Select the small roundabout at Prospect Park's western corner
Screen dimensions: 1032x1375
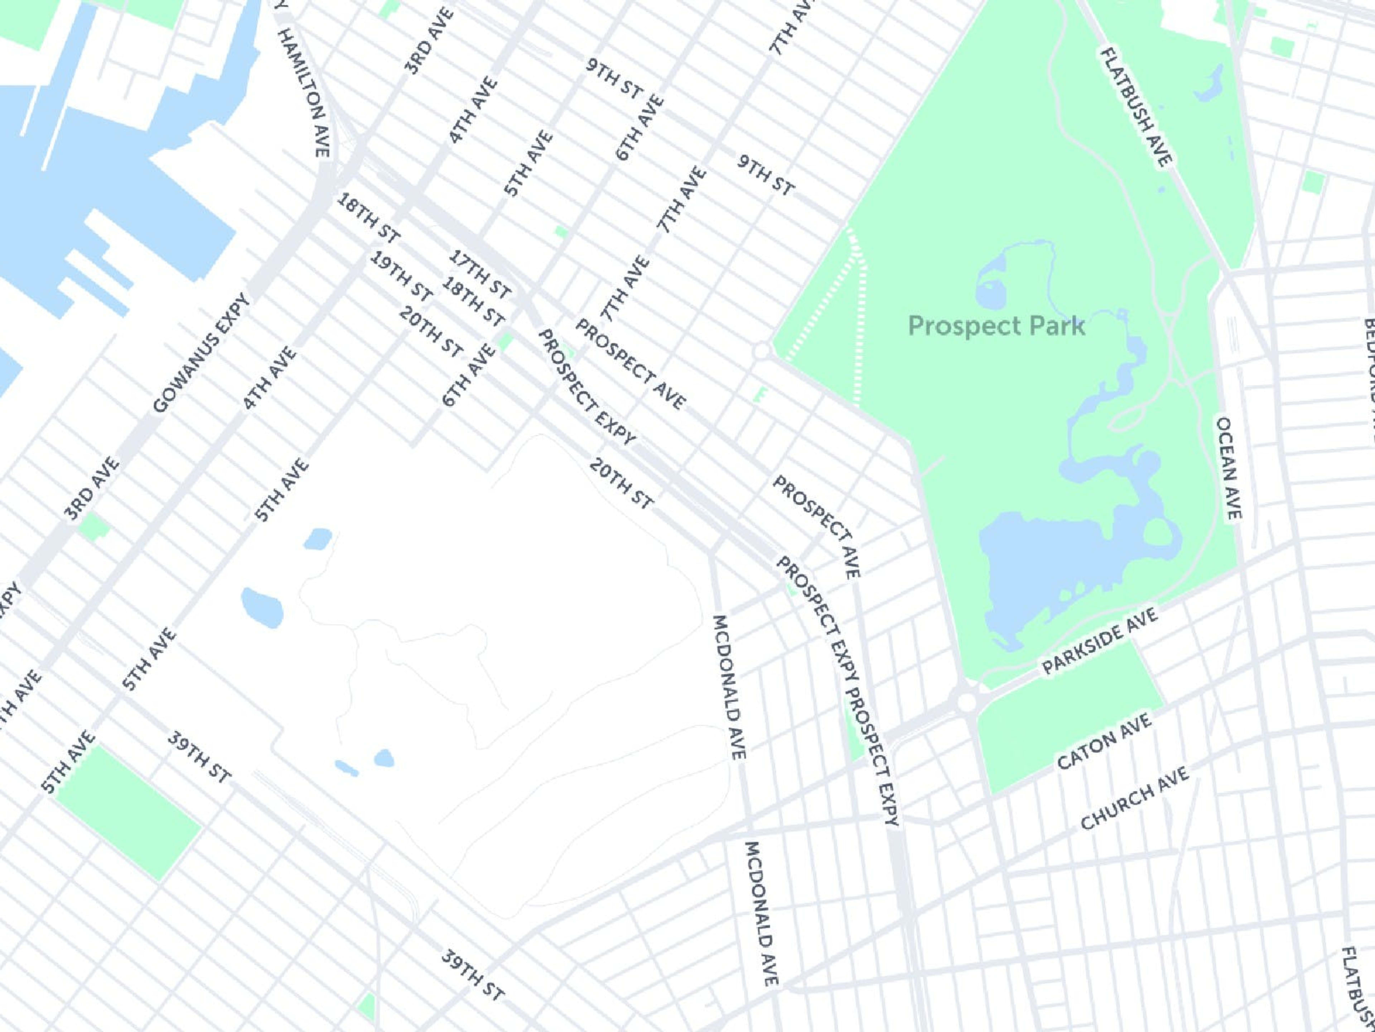coord(762,352)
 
